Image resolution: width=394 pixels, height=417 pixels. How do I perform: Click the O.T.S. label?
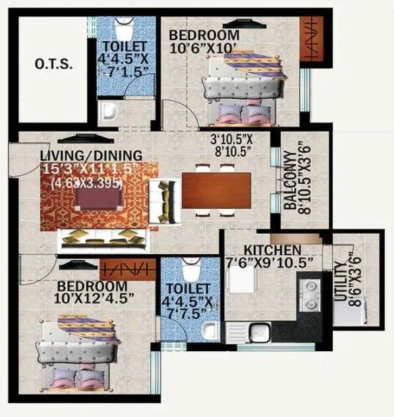(x=53, y=65)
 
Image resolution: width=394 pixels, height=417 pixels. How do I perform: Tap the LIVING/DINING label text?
(x=91, y=155)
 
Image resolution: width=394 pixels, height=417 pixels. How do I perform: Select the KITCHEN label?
(x=273, y=250)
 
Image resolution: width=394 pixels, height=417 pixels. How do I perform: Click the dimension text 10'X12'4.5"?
(x=94, y=298)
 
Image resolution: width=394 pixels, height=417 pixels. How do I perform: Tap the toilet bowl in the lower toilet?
(x=189, y=270)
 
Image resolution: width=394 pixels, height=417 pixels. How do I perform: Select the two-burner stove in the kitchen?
(x=308, y=294)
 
